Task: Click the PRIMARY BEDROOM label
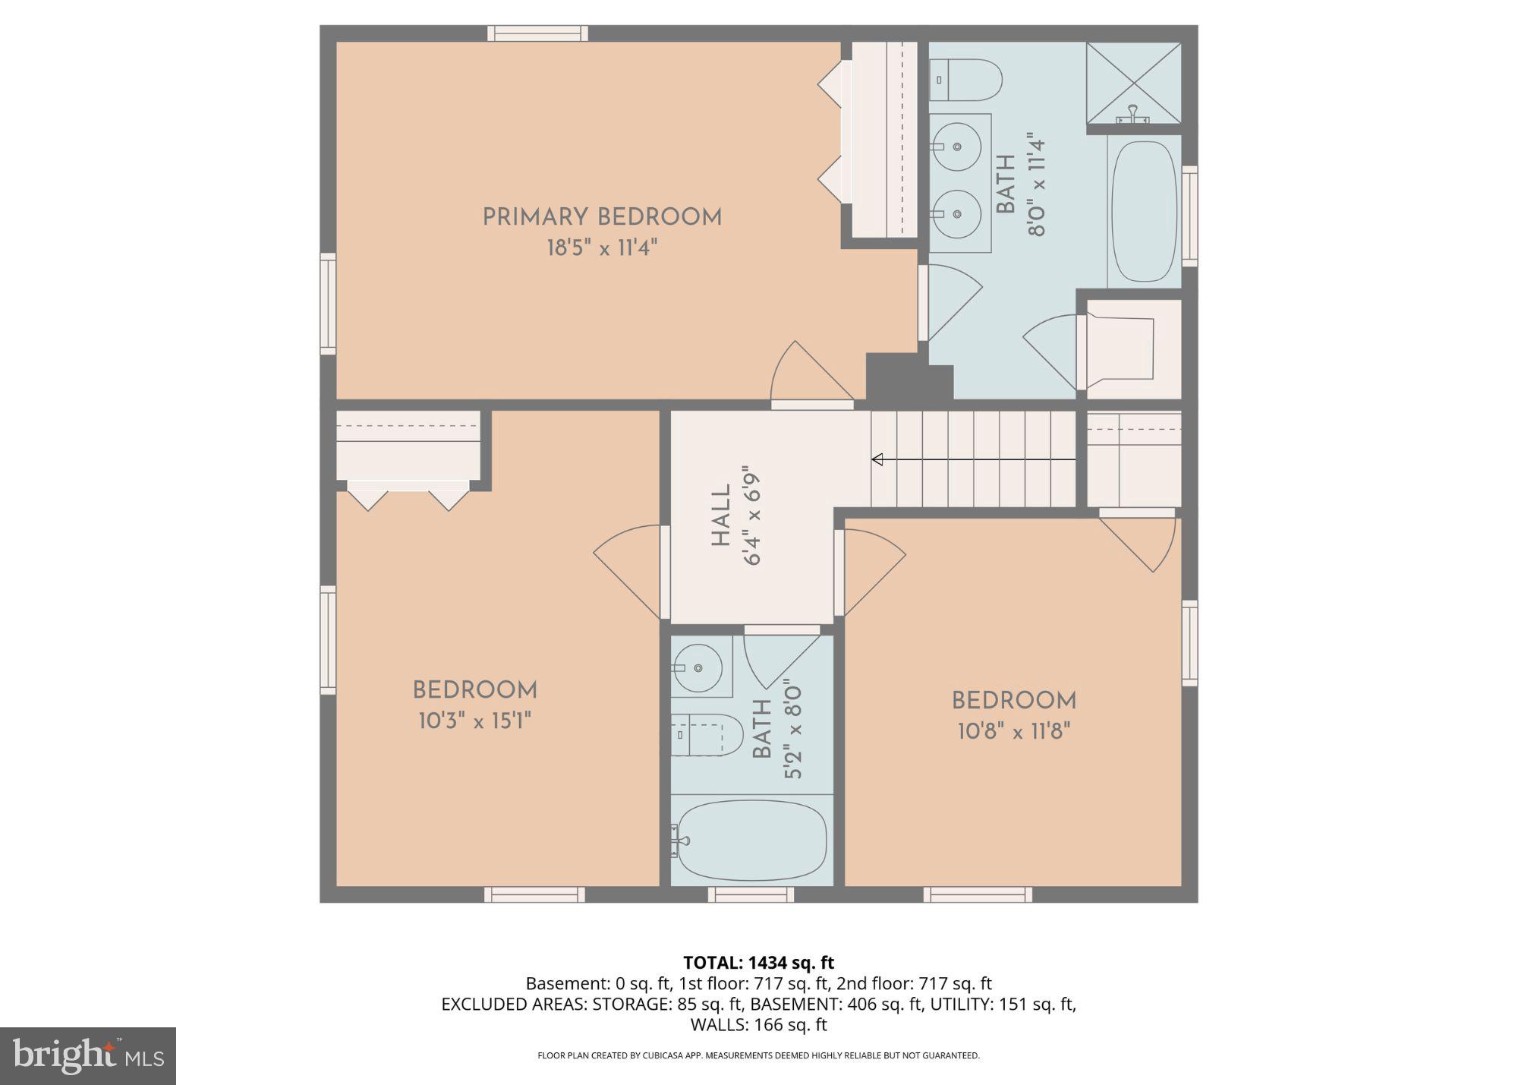[602, 217]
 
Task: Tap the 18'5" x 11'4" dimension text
[602, 248]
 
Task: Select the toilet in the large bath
[965, 80]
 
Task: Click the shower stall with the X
[1134, 82]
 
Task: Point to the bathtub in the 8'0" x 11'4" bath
[1144, 211]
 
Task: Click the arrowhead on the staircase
[877, 459]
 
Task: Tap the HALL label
[720, 516]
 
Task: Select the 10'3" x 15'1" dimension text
[474, 721]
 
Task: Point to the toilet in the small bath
[706, 734]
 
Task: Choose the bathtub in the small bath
[751, 841]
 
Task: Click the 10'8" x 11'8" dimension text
[1013, 731]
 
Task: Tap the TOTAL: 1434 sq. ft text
[758, 963]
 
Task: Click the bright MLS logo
[88, 1055]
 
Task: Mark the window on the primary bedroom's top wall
[537, 33]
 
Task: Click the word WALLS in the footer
[718, 1024]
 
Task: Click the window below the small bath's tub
[751, 894]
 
